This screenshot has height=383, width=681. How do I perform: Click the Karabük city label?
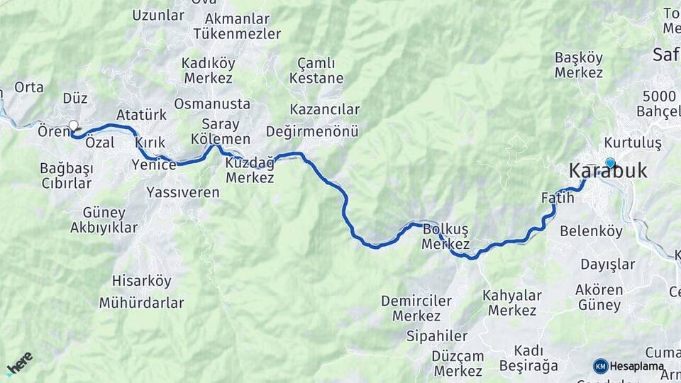pos(609,172)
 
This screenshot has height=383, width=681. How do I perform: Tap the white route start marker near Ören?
pos(73,126)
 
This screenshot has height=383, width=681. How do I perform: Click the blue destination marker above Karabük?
pos(609,162)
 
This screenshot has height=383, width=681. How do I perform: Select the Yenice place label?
pos(154,165)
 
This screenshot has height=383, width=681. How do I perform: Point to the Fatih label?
pos(557,198)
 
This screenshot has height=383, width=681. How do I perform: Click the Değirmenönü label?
pos(312,131)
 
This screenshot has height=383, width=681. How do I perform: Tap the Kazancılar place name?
pos(325,109)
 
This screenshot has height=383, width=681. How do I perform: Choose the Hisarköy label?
pos(142,281)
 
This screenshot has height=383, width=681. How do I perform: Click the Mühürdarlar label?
pos(141,303)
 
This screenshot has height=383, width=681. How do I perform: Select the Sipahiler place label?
pos(437,335)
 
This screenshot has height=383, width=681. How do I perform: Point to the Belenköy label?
pos(591,231)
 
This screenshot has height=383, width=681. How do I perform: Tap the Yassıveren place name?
pos(183,192)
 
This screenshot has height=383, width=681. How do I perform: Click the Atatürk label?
pos(141,115)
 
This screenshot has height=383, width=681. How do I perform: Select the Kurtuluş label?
pos(633,143)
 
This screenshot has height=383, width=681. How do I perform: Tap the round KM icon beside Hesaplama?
pos(601,366)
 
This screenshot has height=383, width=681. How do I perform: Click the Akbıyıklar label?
pos(104,228)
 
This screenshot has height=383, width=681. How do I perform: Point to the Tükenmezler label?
pos(237,33)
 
